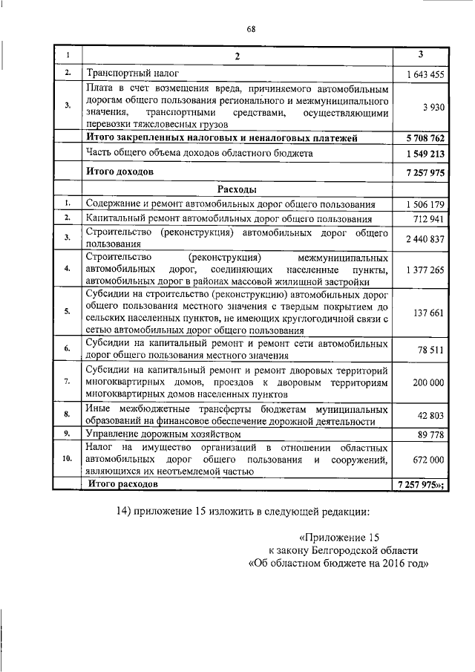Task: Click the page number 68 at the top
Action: coord(251,29)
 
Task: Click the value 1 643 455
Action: coord(426,74)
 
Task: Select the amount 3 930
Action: coord(433,107)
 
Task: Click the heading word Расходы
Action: coord(237,189)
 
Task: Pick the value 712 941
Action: coord(430,219)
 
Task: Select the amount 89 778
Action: coord(433,434)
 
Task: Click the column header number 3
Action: coord(421,54)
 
